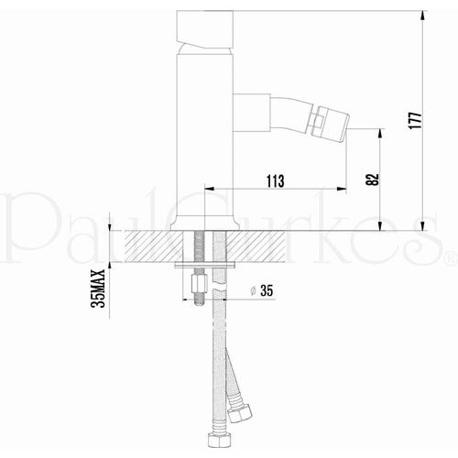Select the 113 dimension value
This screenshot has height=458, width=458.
point(272,180)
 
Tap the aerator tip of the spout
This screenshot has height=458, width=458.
point(326,121)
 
